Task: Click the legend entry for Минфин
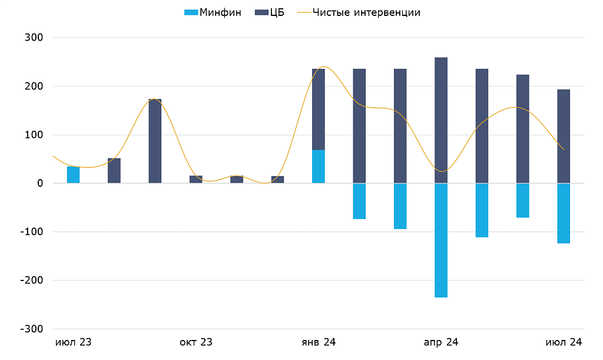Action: [213, 12]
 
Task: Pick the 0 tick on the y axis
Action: [40, 183]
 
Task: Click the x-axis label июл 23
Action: [73, 342]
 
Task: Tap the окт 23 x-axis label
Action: [196, 342]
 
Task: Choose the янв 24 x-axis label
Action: [319, 342]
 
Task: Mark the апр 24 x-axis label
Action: [441, 342]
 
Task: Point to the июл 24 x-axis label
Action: [564, 342]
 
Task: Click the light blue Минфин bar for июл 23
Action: [73, 175]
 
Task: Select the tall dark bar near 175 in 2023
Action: [155, 141]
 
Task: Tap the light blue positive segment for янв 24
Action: [319, 167]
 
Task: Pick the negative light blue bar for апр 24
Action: [441, 240]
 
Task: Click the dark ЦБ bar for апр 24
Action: [441, 120]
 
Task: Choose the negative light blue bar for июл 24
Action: [564, 213]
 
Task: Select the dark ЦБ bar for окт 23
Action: [196, 180]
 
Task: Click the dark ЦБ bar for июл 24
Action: [564, 136]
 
